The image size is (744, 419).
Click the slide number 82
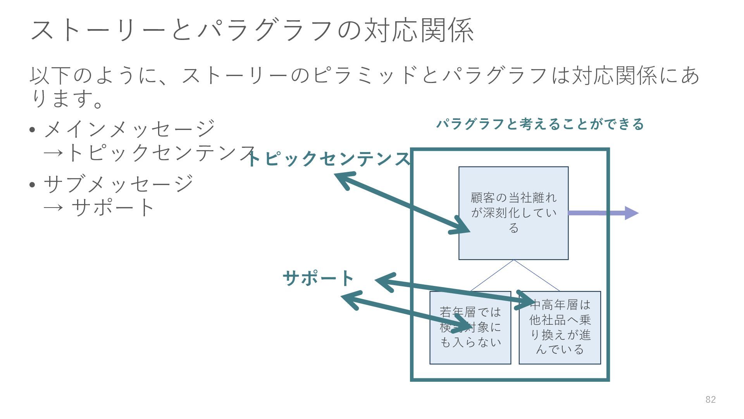point(710,400)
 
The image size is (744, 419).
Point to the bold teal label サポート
point(319,278)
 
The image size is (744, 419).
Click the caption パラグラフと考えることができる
point(540,124)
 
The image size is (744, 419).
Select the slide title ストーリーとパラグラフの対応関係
point(252,30)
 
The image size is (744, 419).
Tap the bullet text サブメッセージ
point(119,184)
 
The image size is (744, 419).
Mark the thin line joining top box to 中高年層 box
point(537,275)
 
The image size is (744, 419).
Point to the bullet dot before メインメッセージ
point(33,130)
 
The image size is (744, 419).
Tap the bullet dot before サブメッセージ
point(33,184)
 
